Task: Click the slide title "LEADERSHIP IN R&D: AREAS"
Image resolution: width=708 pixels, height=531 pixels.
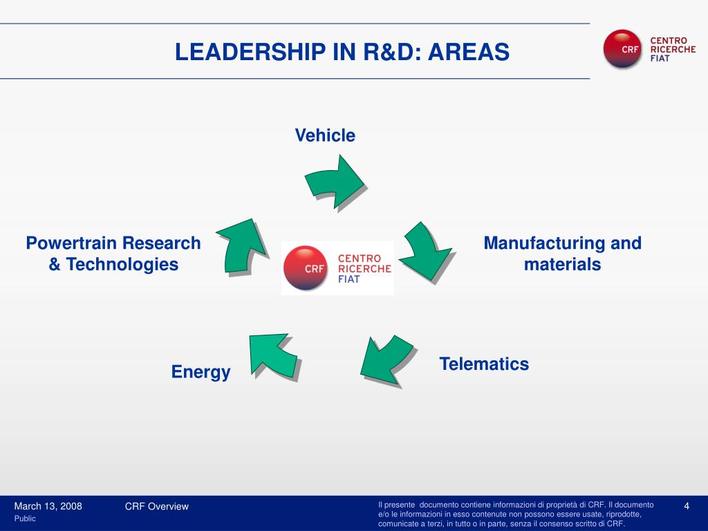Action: [x=342, y=52]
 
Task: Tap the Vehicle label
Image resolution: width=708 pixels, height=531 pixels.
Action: [x=325, y=136]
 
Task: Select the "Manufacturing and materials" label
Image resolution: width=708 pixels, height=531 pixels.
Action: [x=562, y=254]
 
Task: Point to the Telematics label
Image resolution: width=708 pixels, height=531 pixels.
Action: [x=484, y=364]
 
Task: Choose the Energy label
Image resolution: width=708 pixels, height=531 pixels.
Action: [x=201, y=372]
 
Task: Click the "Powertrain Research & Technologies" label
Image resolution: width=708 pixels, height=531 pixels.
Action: [x=113, y=254]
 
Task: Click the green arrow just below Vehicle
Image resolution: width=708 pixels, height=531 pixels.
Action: [x=335, y=180]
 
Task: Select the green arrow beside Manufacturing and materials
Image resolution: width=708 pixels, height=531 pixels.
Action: [x=423, y=250]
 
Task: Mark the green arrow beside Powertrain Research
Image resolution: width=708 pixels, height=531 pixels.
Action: [x=243, y=245]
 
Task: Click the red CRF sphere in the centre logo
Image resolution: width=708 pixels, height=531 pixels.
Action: [x=306, y=268]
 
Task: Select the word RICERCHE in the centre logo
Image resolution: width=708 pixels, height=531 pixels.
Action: [x=364, y=268]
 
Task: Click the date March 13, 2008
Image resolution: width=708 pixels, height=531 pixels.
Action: [x=48, y=506]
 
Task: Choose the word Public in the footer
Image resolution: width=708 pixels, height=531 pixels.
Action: [x=25, y=519]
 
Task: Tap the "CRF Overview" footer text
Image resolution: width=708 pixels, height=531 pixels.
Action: [x=156, y=506]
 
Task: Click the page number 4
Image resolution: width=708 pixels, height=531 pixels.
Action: [x=687, y=506]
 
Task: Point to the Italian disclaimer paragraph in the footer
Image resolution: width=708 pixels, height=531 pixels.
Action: [x=516, y=514]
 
